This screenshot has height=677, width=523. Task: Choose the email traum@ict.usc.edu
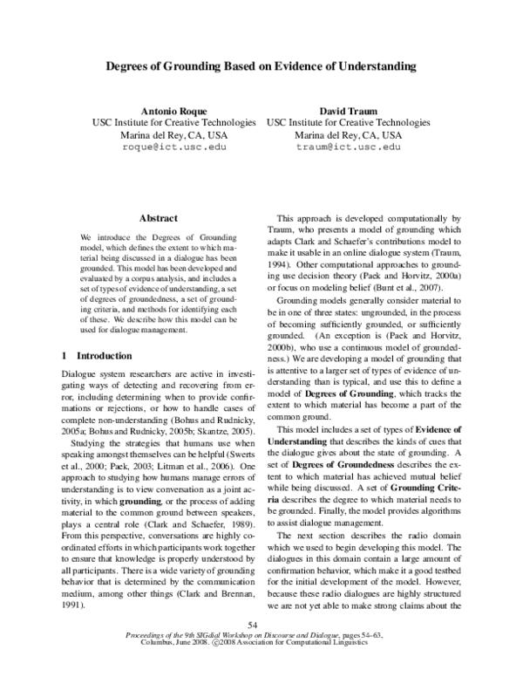pos(349,148)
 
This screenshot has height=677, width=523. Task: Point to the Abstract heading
pos(159,218)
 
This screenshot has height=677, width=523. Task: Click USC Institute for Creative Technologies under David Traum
pos(349,123)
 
